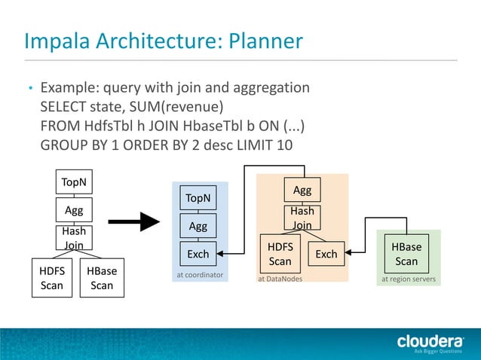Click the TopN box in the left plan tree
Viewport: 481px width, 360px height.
point(73,182)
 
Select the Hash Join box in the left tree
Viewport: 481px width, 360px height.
point(73,237)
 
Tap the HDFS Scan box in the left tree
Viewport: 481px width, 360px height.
point(52,277)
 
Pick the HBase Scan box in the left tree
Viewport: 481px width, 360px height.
point(102,277)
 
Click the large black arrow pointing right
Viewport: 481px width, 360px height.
point(135,222)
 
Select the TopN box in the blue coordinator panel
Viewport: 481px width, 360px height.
point(198,198)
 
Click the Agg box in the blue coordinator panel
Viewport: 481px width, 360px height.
point(198,226)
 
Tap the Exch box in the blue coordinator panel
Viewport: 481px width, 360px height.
point(198,254)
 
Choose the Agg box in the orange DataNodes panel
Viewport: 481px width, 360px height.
point(302,190)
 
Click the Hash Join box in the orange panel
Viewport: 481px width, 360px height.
point(302,218)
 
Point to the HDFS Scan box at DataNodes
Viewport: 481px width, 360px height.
point(280,254)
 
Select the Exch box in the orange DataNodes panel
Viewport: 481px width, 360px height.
point(326,254)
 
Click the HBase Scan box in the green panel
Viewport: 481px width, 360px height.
point(406,254)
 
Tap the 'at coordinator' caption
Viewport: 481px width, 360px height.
point(200,275)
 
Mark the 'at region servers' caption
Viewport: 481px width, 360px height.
point(408,279)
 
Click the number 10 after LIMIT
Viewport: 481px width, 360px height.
point(284,144)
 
